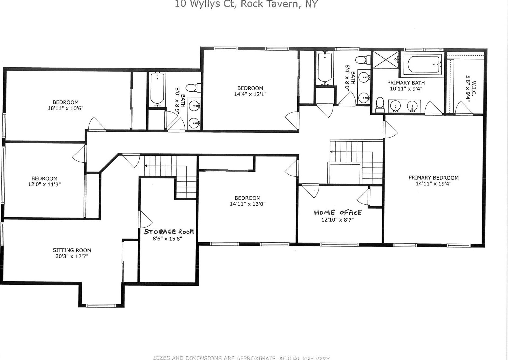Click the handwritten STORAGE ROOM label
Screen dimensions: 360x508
[169, 232]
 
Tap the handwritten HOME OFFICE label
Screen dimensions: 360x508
[338, 213]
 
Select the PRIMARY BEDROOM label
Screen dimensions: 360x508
[433, 178]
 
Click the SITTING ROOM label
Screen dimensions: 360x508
[72, 250]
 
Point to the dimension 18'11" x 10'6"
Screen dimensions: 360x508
[65, 108]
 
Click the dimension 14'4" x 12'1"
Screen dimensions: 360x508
[250, 94]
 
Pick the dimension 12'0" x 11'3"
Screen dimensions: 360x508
[44, 184]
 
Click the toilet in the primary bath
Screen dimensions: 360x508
[380, 104]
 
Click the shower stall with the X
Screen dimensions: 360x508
[386, 60]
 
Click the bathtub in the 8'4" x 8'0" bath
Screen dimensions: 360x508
[325, 67]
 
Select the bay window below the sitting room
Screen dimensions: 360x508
[101, 306]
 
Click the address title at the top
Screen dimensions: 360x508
[246, 4]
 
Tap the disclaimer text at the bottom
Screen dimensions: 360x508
[241, 358]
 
